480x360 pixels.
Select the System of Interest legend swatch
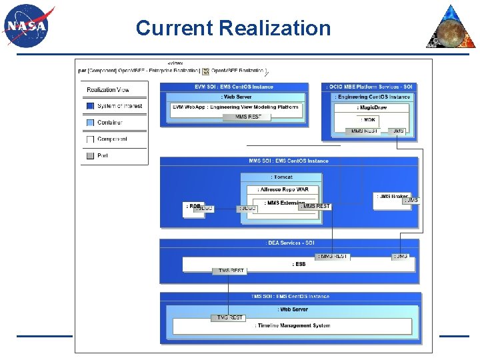pos(90,106)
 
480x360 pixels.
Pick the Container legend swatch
pos(90,123)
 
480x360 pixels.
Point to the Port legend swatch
pos(90,155)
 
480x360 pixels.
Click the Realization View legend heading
pos(108,90)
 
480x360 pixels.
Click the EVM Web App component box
pos(235,107)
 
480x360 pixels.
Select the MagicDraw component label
pos(371,107)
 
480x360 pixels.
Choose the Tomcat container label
pos(281,177)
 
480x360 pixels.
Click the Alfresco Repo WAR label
pos(285,190)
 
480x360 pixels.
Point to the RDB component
pos(193,207)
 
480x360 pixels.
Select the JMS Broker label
pos(391,197)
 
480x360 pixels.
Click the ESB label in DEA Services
pos(299,264)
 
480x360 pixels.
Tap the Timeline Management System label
pos(292,325)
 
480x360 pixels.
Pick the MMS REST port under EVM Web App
pos(248,117)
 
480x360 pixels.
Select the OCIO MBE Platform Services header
pos(371,87)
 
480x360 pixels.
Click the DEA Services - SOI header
pos(289,243)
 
